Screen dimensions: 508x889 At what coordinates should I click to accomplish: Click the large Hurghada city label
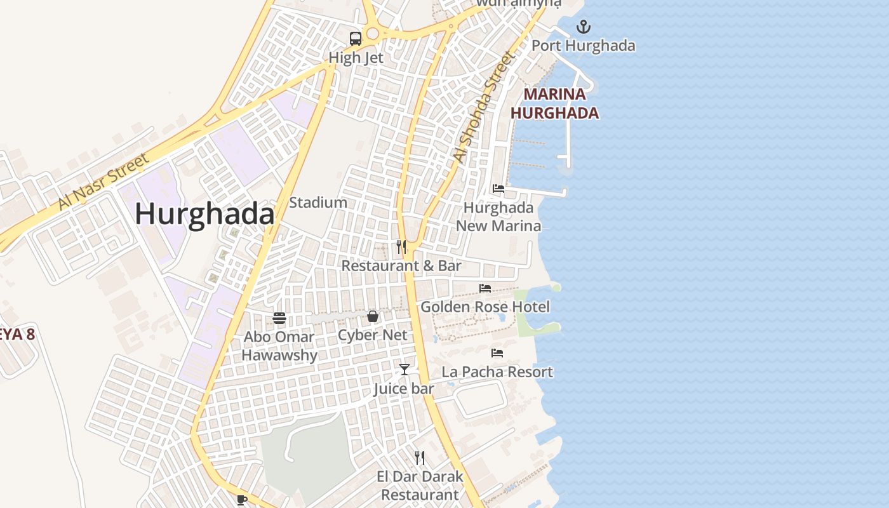pos(204,214)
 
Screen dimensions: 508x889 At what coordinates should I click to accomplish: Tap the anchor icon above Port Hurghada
pos(583,27)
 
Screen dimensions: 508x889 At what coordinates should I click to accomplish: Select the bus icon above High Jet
pos(356,38)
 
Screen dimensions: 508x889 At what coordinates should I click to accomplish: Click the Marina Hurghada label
pos(555,104)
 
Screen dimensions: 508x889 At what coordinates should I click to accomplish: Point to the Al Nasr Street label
pos(104,181)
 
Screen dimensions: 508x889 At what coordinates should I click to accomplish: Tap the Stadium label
pos(318,203)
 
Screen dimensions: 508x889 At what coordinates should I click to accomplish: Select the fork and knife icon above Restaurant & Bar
pos(401,246)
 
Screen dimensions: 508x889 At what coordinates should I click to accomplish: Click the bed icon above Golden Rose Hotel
pos(485,288)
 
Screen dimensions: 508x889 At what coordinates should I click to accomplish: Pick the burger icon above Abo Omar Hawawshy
pos(279,317)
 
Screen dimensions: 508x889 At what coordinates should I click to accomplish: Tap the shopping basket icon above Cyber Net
pos(373,316)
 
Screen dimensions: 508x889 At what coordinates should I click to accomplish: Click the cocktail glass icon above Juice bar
pos(404,369)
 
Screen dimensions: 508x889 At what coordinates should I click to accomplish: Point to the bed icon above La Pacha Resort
pos(497,353)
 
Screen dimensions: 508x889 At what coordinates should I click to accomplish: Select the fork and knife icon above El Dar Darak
pos(420,457)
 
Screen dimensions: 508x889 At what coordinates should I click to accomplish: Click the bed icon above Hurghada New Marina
pos(498,189)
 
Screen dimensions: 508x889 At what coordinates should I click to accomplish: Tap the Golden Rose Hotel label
pos(485,307)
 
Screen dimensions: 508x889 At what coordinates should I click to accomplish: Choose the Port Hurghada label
pos(583,46)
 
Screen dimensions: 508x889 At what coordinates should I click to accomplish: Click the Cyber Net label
pos(373,335)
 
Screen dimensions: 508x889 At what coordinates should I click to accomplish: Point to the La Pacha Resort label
pos(497,372)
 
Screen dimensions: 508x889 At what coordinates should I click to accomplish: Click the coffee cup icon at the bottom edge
pos(241,500)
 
